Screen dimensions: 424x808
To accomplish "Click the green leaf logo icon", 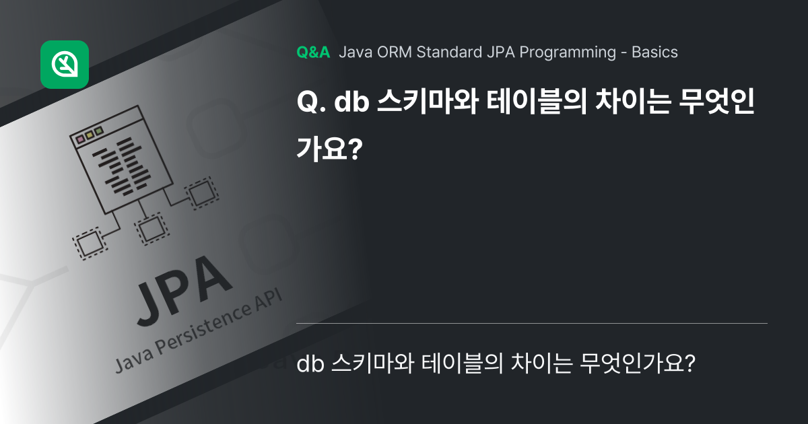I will pos(65,65).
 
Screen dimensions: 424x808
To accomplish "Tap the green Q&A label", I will pos(313,52).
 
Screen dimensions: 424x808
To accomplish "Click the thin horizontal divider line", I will pos(532,324).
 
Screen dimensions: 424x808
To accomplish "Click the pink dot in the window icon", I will pos(81,139).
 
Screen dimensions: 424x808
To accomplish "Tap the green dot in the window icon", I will pos(99,131).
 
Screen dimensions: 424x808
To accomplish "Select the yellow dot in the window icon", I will pos(90,135).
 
